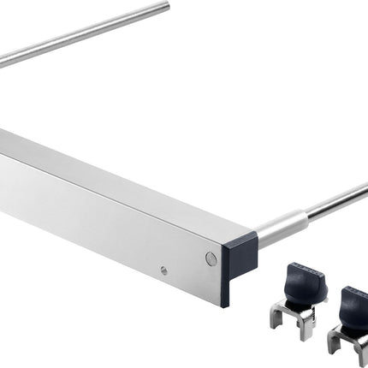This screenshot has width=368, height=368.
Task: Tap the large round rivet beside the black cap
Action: (211, 258)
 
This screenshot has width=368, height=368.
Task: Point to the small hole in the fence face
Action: (163, 270)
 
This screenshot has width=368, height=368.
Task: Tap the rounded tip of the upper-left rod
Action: (165, 7)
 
